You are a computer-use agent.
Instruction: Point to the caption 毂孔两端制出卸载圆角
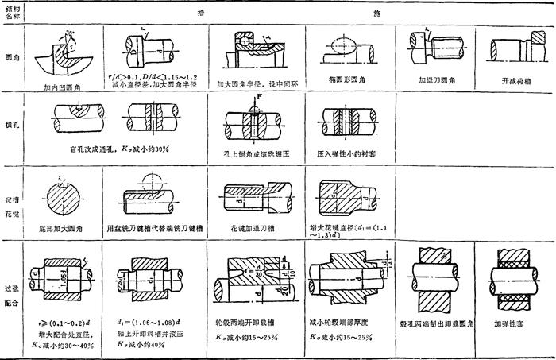[x=434, y=325]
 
